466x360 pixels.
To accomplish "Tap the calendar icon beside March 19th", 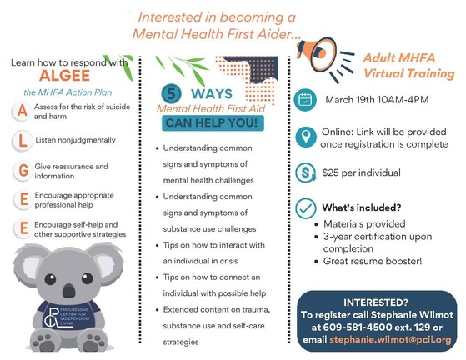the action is (x=305, y=100).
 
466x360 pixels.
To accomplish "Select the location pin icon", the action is (x=305, y=137).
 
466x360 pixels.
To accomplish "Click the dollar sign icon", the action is (x=306, y=172).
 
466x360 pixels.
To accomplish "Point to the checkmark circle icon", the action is (x=305, y=208).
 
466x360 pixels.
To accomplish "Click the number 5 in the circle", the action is (x=171, y=93).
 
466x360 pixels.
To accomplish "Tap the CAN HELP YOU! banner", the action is (x=213, y=123).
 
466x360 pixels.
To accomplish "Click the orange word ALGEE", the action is (x=64, y=76).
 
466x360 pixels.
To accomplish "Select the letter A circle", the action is (x=22, y=112).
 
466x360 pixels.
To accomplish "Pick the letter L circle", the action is (x=23, y=141).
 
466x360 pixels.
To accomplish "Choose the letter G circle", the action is (x=23, y=170).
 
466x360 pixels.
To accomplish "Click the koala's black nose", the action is (x=69, y=290).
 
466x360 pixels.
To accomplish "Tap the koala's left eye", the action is (x=50, y=279).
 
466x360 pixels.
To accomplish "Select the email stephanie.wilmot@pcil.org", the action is (x=390, y=339).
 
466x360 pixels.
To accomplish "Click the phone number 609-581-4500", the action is (x=358, y=327).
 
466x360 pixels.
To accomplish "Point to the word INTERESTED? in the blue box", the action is (x=376, y=302).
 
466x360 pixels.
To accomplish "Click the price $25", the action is (x=330, y=172).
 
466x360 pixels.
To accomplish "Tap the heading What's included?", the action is (x=362, y=207).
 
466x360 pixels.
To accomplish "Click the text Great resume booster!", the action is (x=373, y=261).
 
